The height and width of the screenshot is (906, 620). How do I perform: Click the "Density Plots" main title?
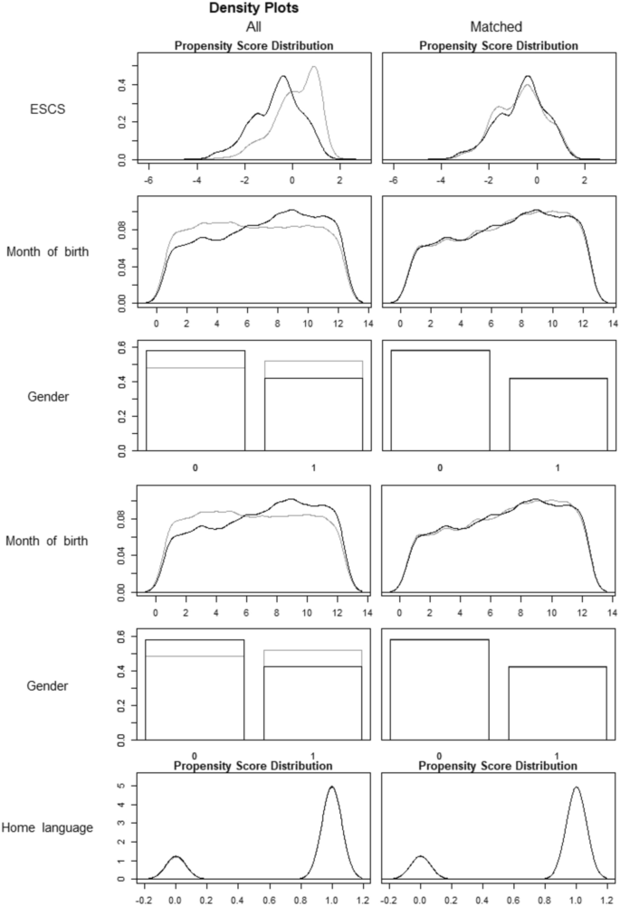[253, 10]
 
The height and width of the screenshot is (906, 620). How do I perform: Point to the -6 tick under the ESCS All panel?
[145, 180]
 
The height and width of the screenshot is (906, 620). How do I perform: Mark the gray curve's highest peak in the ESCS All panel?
[314, 67]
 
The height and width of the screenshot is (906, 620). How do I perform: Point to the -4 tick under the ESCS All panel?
[194, 180]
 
